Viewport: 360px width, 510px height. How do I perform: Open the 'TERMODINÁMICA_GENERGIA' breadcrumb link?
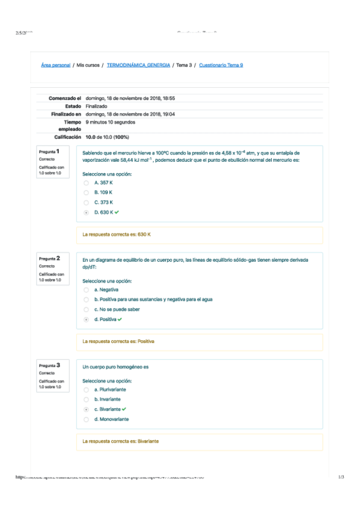pyautogui.click(x=138, y=65)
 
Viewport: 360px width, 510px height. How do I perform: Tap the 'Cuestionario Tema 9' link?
pyautogui.click(x=221, y=65)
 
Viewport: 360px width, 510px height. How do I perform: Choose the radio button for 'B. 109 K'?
pyautogui.click(x=87, y=192)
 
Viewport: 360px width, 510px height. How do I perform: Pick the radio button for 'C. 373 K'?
pyautogui.click(x=87, y=203)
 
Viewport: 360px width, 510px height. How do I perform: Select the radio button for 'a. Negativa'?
pyautogui.click(x=87, y=289)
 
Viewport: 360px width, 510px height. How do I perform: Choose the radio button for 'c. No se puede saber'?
pyautogui.click(x=87, y=309)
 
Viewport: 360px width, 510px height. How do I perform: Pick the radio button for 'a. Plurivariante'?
pyautogui.click(x=87, y=389)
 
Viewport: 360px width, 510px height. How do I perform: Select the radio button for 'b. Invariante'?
pyautogui.click(x=87, y=399)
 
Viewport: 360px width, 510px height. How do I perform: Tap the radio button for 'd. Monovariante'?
pyautogui.click(x=87, y=419)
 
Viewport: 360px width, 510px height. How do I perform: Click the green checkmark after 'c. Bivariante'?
pyautogui.click(x=124, y=409)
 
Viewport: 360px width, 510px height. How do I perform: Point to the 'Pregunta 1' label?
pyautogui.click(x=53, y=152)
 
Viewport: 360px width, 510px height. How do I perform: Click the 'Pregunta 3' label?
pyautogui.click(x=53, y=365)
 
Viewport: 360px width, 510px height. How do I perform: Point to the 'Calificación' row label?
pyautogui.click(x=67, y=137)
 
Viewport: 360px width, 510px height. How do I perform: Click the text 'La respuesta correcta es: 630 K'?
pyautogui.click(x=117, y=235)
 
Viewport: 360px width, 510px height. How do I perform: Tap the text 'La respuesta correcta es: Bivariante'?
pyautogui.click(x=121, y=441)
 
